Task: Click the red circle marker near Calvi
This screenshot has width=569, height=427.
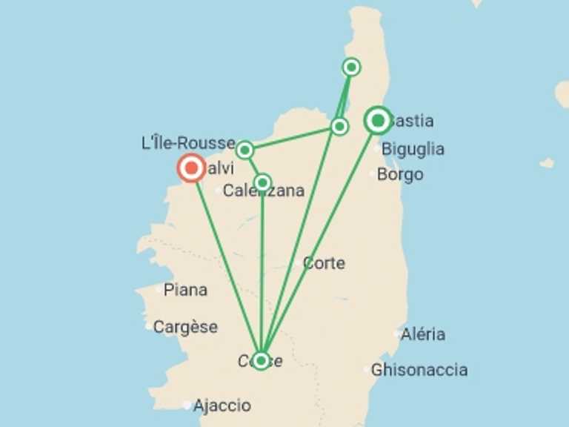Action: [x=192, y=168]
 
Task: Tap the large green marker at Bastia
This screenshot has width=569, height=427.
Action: [x=378, y=120]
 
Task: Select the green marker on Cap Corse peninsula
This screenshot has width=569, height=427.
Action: [x=351, y=67]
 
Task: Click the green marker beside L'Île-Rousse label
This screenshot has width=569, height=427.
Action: [x=244, y=150]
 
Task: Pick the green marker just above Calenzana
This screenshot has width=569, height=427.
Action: [x=262, y=182]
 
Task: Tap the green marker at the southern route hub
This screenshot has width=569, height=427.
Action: [x=261, y=361]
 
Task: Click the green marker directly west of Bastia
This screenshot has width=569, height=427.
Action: [x=339, y=127]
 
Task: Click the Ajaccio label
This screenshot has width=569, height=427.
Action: [x=222, y=406]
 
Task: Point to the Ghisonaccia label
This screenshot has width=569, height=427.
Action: [x=419, y=369]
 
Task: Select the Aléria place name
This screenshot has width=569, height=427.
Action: [x=423, y=334]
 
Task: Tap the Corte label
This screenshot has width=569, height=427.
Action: [x=324, y=263]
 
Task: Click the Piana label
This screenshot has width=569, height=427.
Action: [x=185, y=290]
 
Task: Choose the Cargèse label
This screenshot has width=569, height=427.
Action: [x=185, y=327]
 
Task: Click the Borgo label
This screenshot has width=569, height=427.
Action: [x=400, y=175]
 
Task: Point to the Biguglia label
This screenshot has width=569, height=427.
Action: [x=413, y=149]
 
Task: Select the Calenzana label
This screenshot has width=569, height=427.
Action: [x=263, y=191]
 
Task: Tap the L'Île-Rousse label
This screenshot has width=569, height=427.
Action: [x=188, y=142]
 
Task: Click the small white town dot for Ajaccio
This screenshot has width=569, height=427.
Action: [x=187, y=405]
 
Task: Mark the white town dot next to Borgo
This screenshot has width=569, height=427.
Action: [x=373, y=174]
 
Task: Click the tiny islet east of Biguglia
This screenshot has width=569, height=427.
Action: [x=547, y=162]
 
